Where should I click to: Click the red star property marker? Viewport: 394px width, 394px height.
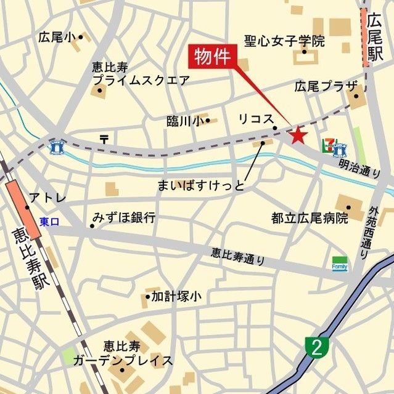[298, 134]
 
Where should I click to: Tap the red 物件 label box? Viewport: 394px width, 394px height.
[212, 58]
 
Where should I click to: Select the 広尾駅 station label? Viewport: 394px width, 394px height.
[374, 39]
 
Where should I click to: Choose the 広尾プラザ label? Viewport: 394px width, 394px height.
[317, 86]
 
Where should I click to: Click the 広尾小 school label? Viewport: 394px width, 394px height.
[57, 37]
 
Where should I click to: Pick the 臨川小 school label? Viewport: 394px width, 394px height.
[185, 121]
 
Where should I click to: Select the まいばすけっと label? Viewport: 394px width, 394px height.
[201, 185]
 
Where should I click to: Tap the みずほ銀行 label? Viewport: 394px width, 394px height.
[124, 217]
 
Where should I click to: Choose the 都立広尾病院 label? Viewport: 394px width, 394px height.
[310, 218]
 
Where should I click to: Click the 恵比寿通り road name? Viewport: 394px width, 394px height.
[238, 256]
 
